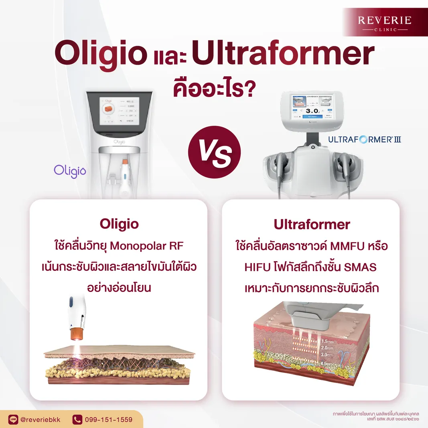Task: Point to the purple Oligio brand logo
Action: pyautogui.click(x=70, y=170)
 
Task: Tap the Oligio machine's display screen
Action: pyautogui.click(x=120, y=110)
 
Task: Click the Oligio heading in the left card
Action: pyautogui.click(x=119, y=224)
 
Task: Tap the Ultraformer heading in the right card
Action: pyautogui.click(x=312, y=225)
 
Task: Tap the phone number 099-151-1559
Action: pyautogui.click(x=108, y=420)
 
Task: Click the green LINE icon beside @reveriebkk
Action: pyautogui.click(x=14, y=420)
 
